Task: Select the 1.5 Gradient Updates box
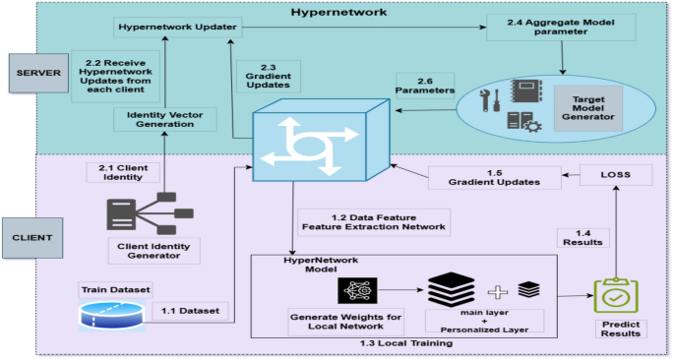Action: [494, 178]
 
